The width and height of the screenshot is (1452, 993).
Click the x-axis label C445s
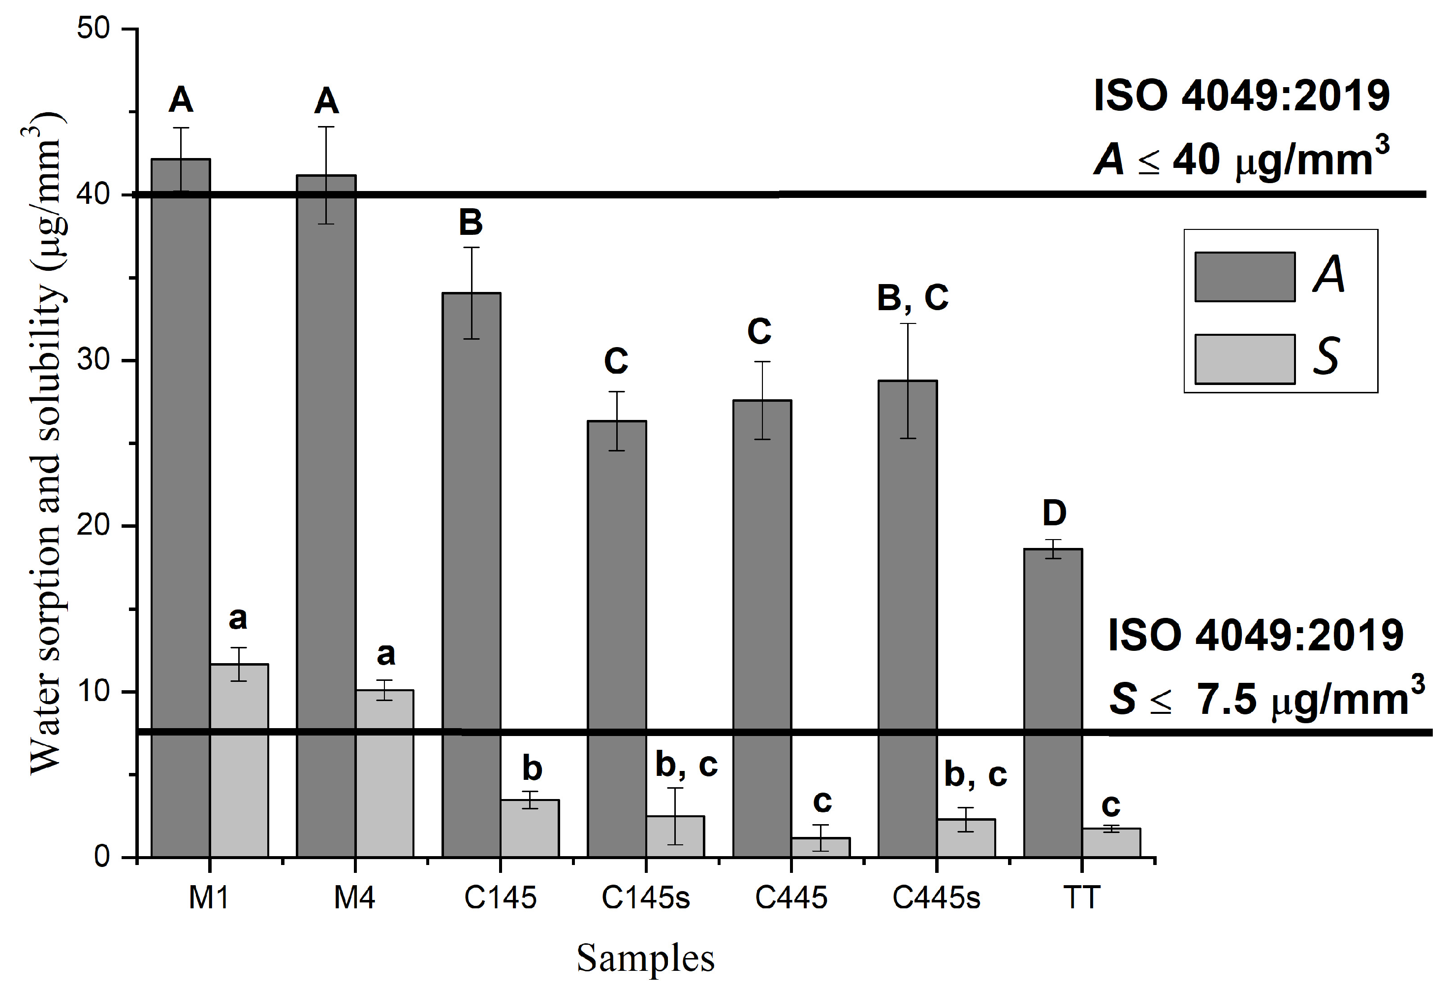[936, 898]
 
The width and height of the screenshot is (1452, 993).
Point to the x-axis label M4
[354, 898]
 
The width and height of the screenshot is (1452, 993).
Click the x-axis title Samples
[645, 958]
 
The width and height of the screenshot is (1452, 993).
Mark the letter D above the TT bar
[1054, 513]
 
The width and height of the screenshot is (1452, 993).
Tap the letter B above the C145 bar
[471, 223]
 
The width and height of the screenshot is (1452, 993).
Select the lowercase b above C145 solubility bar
[532, 768]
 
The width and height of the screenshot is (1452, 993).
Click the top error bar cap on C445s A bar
[907, 324]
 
